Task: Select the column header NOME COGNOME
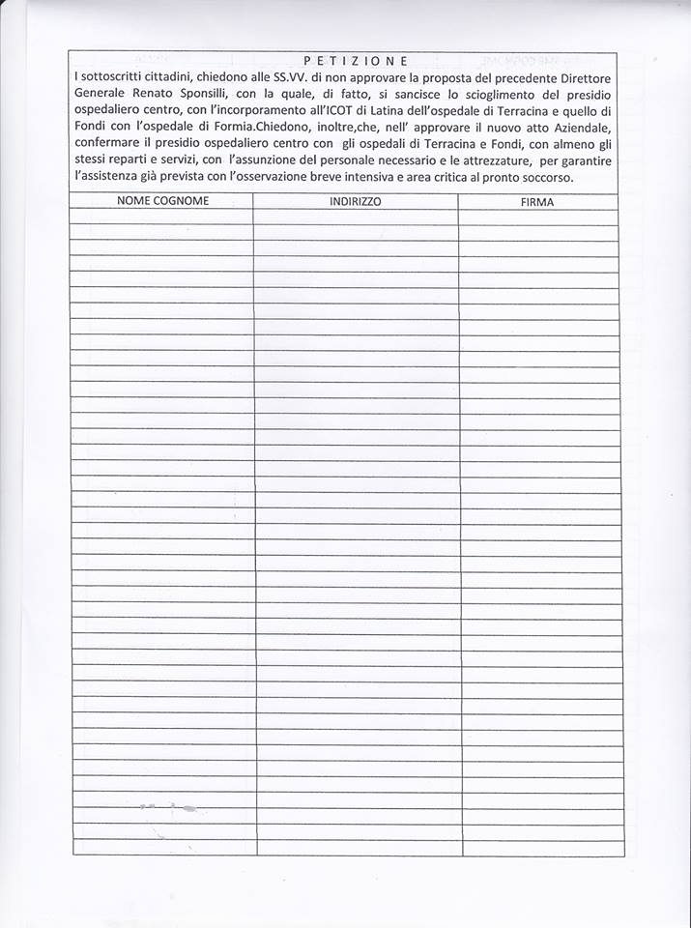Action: pos(162,201)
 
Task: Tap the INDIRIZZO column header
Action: pos(355,201)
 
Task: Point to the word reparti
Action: pos(128,162)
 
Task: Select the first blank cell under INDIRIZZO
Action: pos(355,217)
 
